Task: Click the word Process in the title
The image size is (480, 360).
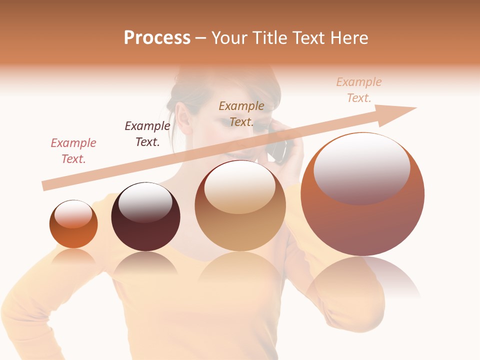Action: pos(157,38)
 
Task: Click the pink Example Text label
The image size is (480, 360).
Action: pos(73,150)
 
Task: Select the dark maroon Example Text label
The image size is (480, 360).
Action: pos(147,133)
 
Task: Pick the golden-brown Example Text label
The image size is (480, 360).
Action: pos(241,113)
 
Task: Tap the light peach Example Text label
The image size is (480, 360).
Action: pos(358,89)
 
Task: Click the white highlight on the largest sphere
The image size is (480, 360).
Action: pos(362,167)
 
